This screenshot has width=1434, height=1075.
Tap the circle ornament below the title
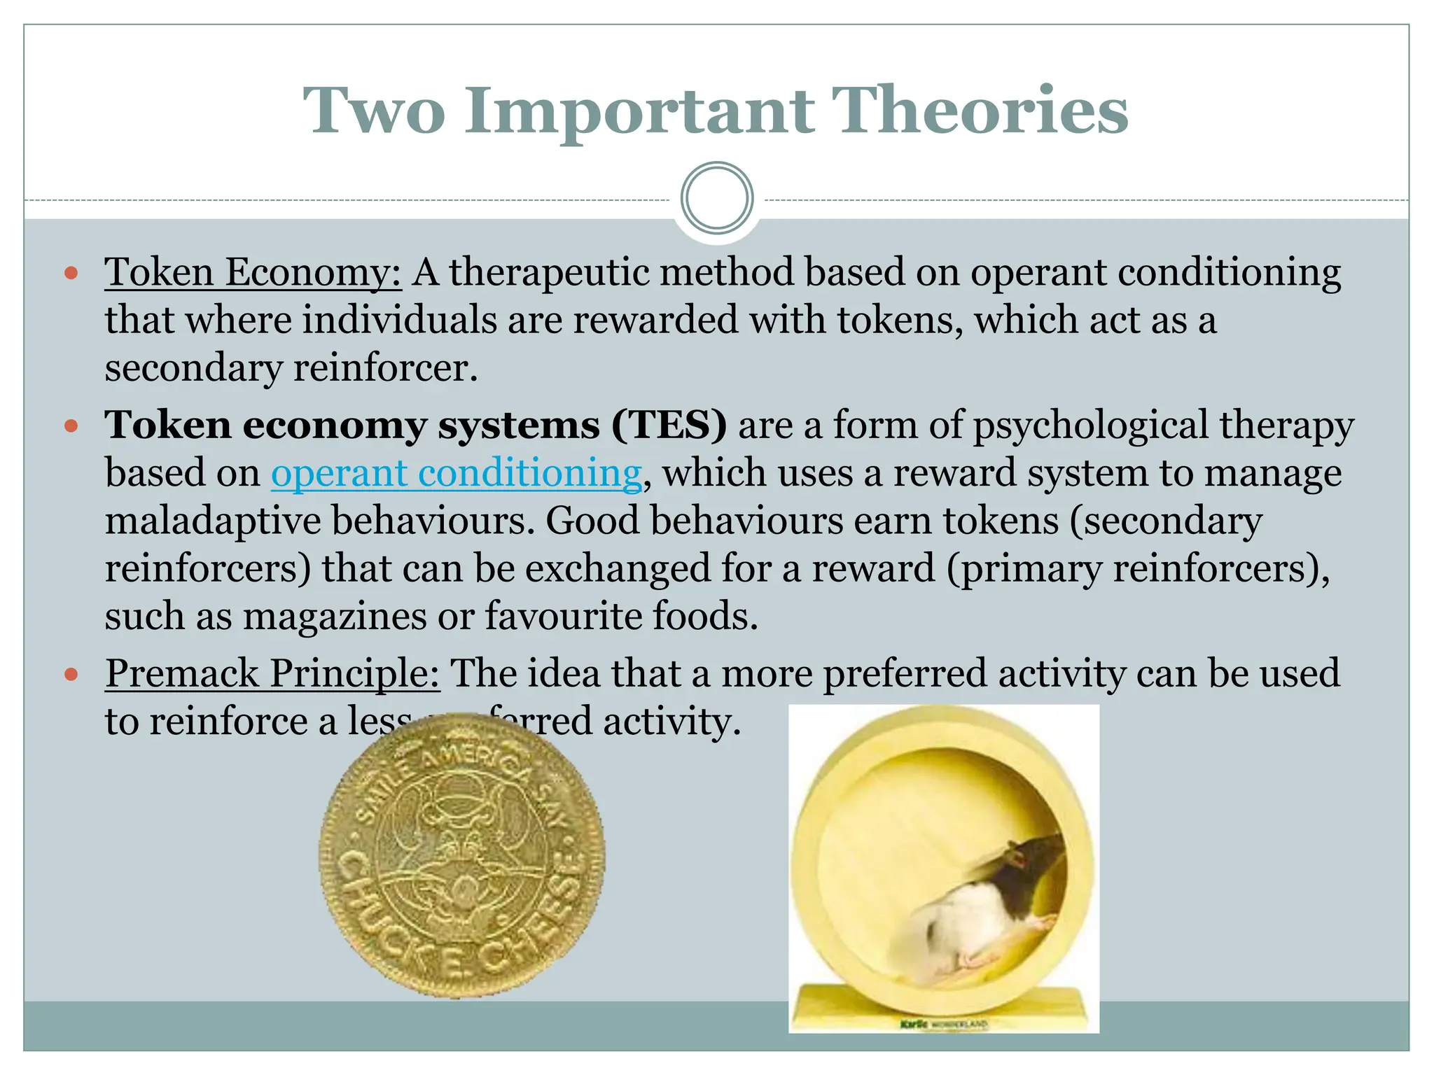click(x=717, y=198)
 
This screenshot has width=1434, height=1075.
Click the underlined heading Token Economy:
click(x=253, y=273)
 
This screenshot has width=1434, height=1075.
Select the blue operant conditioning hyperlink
click(x=456, y=474)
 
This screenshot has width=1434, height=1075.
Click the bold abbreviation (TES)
click(x=669, y=425)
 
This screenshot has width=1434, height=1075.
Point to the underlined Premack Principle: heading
click(x=272, y=674)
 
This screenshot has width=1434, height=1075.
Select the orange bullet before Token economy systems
click(x=71, y=426)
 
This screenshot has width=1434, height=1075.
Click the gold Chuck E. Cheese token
click(x=461, y=855)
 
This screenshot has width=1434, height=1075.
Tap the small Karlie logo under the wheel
click(x=914, y=1025)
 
